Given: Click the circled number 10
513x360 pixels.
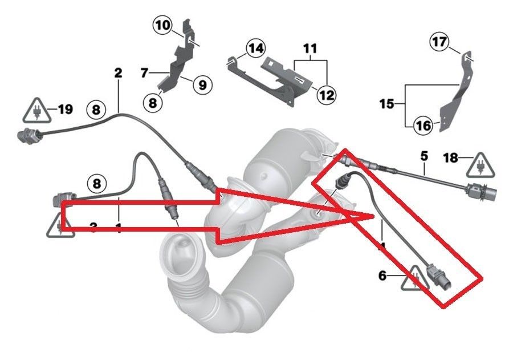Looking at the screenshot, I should [162, 25].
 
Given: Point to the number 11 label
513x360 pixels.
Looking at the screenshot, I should [310, 49].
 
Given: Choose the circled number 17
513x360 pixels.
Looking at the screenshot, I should [439, 42].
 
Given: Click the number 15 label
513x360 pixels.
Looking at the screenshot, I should [386, 104].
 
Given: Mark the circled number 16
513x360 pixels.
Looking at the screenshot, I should [423, 126].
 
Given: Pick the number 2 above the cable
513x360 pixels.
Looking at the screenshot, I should [119, 73].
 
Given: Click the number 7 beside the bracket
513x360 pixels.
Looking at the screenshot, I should [144, 72].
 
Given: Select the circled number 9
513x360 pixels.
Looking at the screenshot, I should [202, 85].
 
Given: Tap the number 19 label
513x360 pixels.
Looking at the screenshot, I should [66, 108].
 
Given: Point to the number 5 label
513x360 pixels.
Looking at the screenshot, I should [424, 155].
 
